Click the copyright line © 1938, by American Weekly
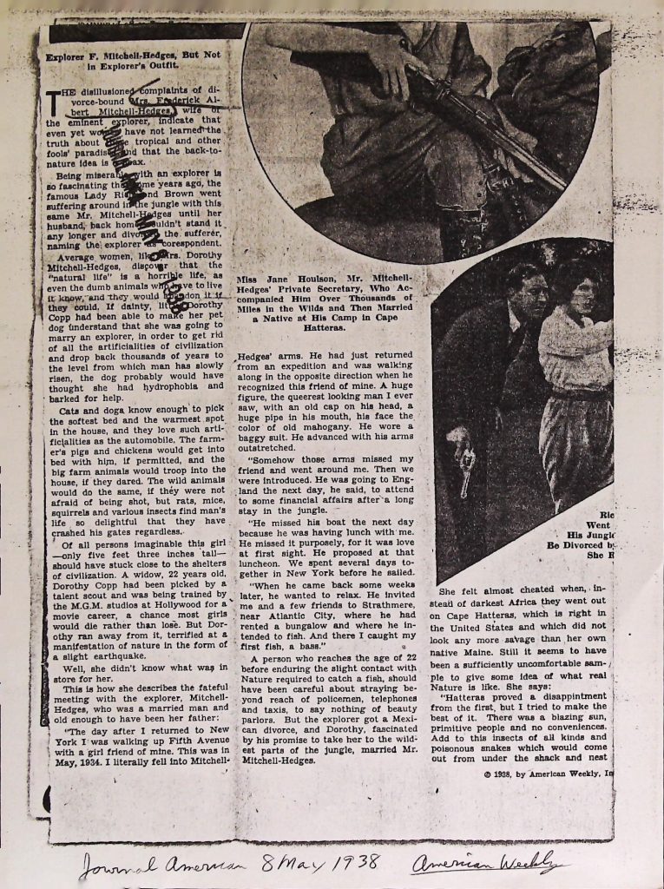pos(548,773)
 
